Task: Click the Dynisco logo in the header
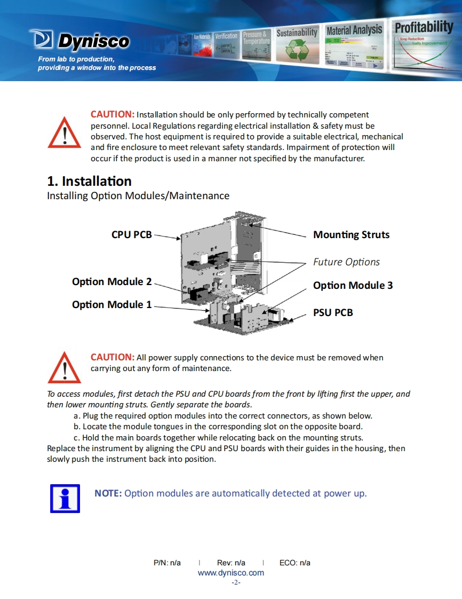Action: [x=80, y=40]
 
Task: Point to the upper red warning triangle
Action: [x=65, y=132]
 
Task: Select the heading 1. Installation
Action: [x=89, y=181]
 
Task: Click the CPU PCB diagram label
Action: [x=131, y=234]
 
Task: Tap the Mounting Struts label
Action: [x=351, y=234]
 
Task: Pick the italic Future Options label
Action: [x=346, y=262]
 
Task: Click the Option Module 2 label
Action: [x=111, y=281]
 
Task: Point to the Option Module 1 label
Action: [x=111, y=304]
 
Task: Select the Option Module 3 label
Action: [x=353, y=285]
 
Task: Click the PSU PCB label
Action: [x=333, y=312]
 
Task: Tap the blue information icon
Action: [x=65, y=499]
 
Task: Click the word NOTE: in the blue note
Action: [x=108, y=493]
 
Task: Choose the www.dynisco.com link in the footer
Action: [x=230, y=573]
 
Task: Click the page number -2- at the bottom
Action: [x=236, y=582]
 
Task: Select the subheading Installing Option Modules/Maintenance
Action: [x=138, y=195]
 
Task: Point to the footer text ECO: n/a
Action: [x=294, y=563]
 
